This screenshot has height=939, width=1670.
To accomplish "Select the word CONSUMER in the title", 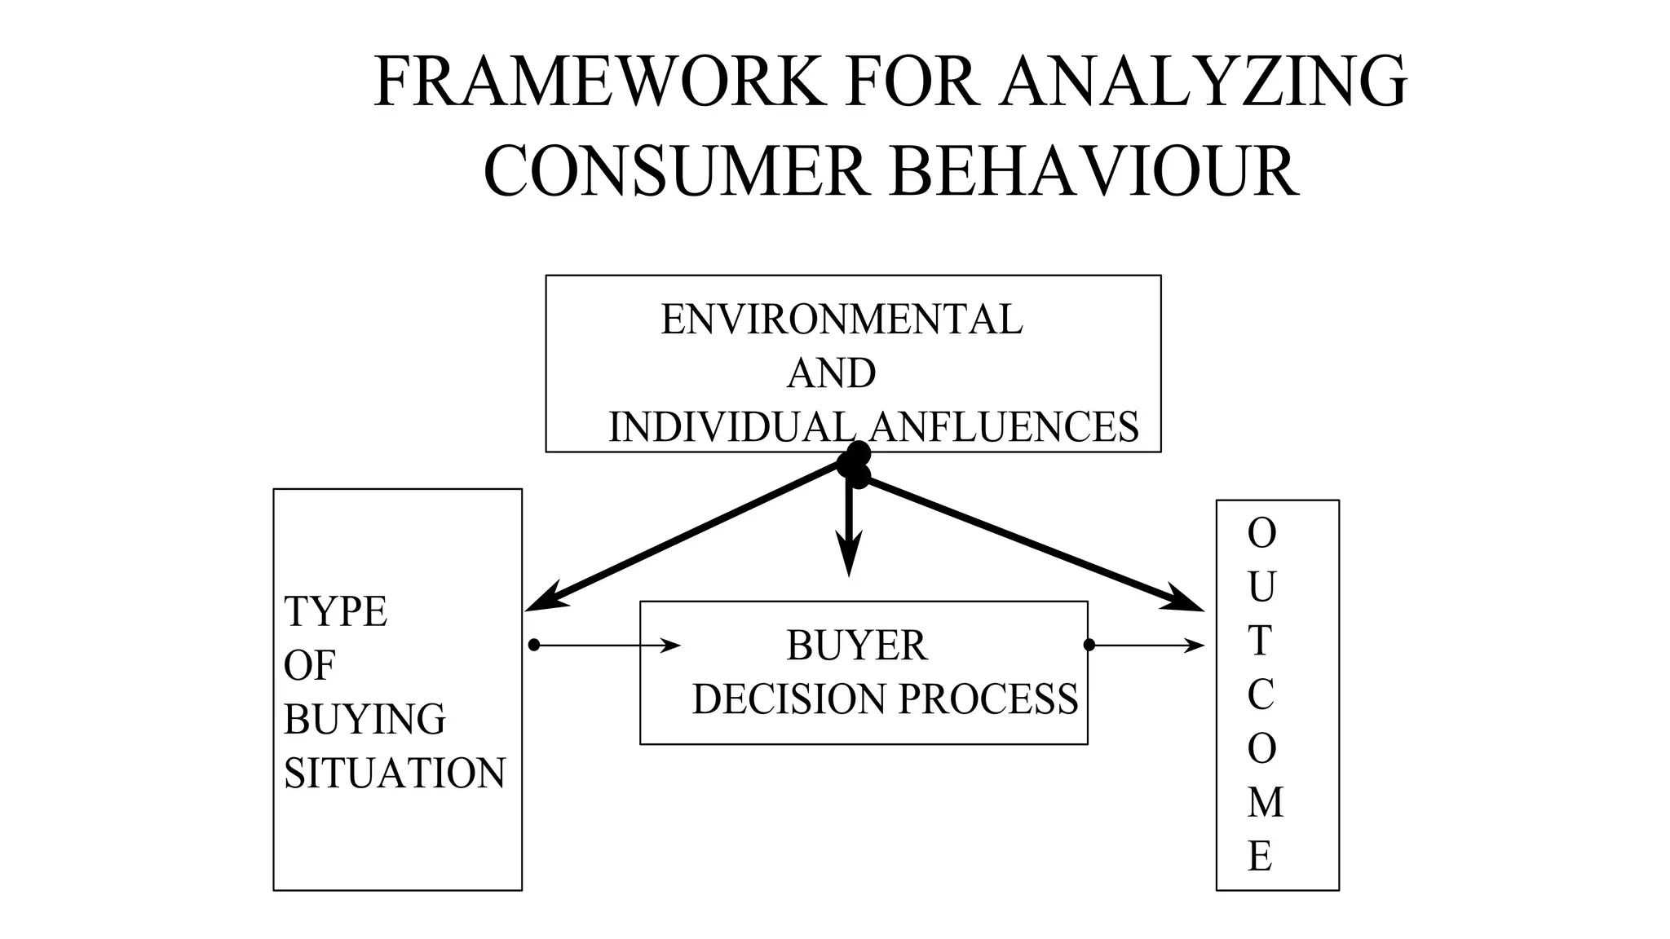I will click(676, 172).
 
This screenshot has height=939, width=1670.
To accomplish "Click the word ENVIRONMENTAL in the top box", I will click(841, 320).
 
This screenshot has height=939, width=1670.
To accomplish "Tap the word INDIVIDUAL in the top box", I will click(731, 427).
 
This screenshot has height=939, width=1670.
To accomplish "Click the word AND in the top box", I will click(831, 374).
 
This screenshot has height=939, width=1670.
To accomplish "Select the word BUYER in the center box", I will click(856, 646).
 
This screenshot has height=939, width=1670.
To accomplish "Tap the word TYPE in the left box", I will click(335, 611).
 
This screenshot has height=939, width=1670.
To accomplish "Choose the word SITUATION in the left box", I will click(395, 773).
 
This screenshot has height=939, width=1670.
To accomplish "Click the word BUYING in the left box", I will click(364, 719).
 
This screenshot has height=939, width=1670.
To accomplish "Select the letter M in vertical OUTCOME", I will click(1265, 803).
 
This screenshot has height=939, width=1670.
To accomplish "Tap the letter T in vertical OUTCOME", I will click(1260, 641).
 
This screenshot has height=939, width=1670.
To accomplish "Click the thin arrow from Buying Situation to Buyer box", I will click(607, 646).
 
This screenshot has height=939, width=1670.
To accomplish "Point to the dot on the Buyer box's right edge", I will click(1089, 645).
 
